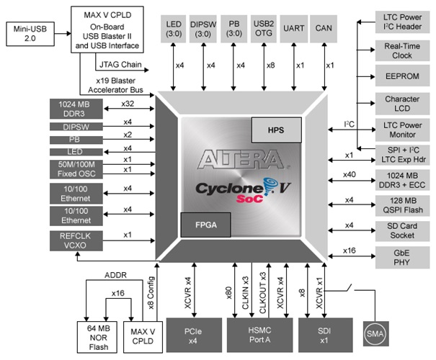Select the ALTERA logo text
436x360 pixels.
click(232, 159)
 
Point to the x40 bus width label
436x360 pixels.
click(349, 173)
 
